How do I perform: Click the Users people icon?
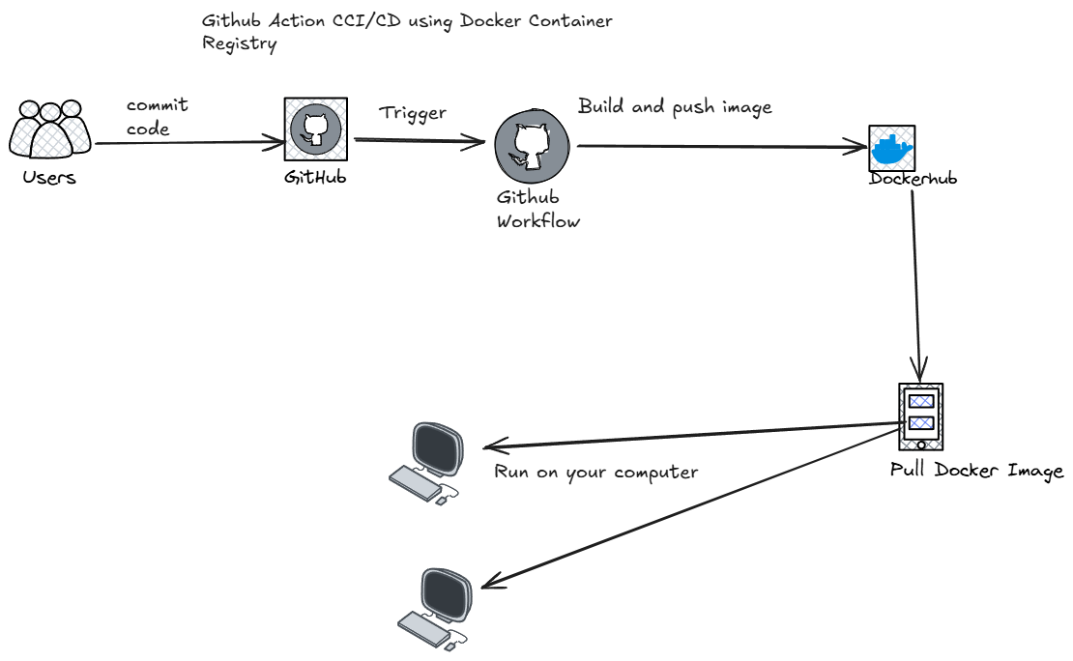(x=50, y=129)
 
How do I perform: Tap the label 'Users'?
(x=49, y=178)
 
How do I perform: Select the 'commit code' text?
(x=156, y=117)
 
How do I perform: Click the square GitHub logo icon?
(x=315, y=129)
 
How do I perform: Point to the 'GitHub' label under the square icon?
(x=315, y=178)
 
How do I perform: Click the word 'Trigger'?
(x=413, y=113)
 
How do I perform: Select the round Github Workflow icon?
(x=531, y=145)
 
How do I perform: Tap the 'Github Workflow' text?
(x=537, y=209)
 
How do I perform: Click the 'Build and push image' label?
(x=675, y=106)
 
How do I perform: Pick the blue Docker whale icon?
(x=891, y=148)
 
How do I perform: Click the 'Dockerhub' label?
(x=913, y=179)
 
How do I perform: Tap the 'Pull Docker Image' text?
(x=976, y=472)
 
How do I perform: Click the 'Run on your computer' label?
(x=596, y=473)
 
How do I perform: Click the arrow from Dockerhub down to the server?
(x=916, y=280)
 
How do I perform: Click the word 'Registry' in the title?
(x=239, y=44)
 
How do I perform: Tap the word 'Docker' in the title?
(x=469, y=20)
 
